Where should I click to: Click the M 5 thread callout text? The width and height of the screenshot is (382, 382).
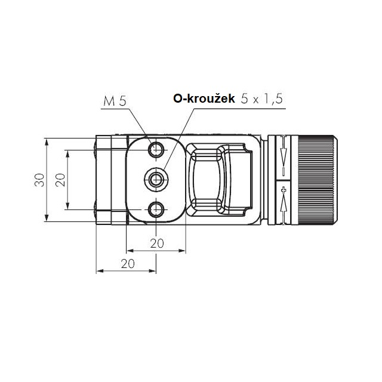(x=115, y=101)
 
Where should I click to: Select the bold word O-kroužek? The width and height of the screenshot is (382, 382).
(x=204, y=98)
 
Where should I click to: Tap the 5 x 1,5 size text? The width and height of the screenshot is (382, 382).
(x=262, y=99)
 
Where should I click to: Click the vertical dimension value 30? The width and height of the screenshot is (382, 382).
(x=39, y=180)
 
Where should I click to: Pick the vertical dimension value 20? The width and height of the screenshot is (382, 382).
(x=60, y=180)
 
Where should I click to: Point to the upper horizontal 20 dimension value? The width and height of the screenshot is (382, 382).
(x=157, y=243)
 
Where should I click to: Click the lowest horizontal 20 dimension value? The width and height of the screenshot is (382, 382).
(x=128, y=264)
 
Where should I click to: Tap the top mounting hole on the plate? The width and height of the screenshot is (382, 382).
(x=156, y=150)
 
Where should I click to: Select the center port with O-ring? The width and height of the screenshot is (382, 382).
(x=156, y=180)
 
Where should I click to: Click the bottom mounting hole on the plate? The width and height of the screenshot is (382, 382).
(x=156, y=210)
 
